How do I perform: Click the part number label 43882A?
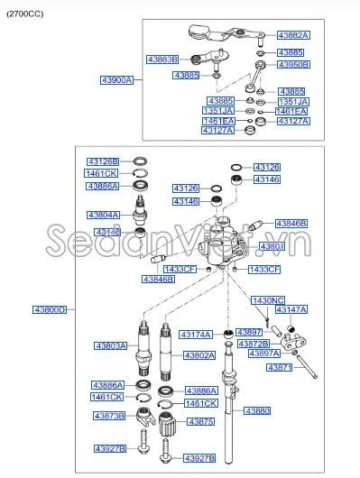tap(292, 34)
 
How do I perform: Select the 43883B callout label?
tap(162, 60)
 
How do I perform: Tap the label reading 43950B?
tap(293, 65)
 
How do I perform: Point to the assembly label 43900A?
tap(116, 79)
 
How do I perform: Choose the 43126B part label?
tap(102, 161)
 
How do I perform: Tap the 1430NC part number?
tap(268, 299)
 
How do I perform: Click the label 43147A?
tap(291, 309)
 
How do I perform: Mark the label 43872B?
tap(254, 344)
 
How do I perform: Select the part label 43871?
tap(281, 368)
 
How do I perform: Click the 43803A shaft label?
tap(112, 345)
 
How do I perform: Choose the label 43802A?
tap(199, 355)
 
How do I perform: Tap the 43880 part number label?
tap(257, 410)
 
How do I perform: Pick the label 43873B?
tap(109, 416)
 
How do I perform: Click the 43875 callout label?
tap(200, 421)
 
